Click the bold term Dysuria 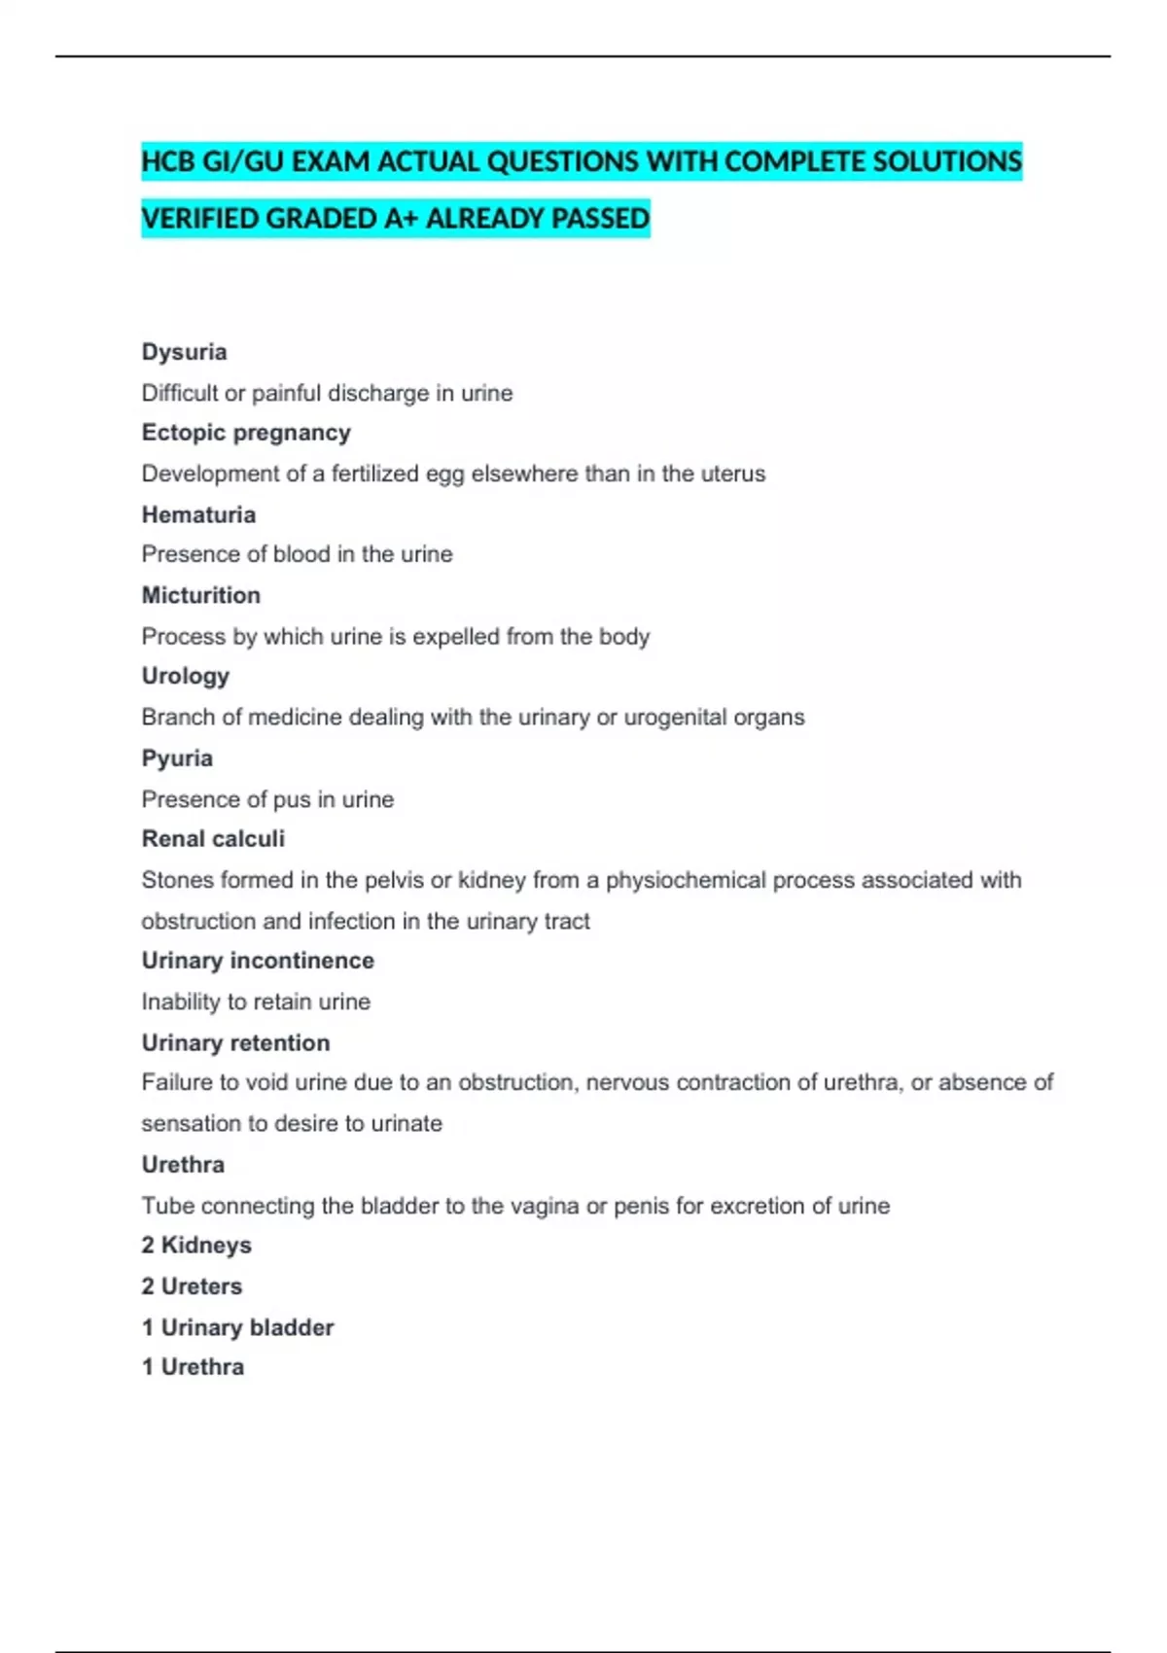(184, 352)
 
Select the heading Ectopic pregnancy (246, 433)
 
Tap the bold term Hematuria (198, 514)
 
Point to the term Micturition (200, 595)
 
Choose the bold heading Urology (185, 676)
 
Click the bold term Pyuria (177, 758)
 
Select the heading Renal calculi (213, 838)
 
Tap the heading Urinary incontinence (258, 961)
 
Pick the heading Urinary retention (235, 1042)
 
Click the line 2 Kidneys (196, 1245)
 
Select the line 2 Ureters (192, 1286)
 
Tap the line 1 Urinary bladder (237, 1327)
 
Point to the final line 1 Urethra (193, 1367)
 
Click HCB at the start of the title (167, 161)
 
